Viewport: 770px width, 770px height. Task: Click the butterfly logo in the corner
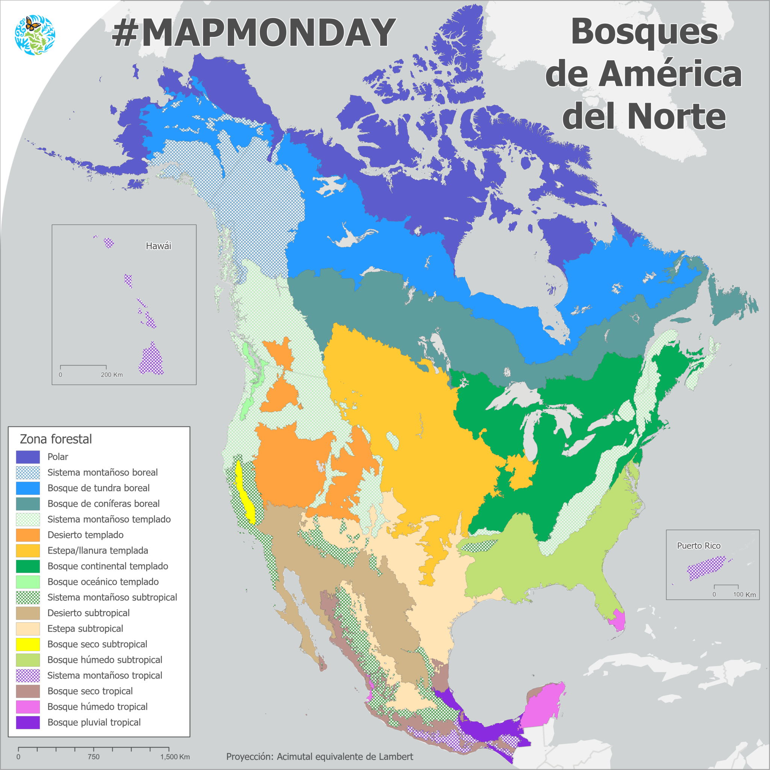coord(35,35)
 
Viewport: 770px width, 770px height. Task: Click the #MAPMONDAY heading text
coord(253,33)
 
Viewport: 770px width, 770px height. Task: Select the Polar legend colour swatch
coord(28,457)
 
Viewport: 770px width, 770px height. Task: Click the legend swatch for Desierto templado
coord(28,535)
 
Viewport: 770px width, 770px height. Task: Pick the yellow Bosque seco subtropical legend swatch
coord(28,644)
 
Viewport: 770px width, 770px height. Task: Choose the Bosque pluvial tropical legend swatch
coord(28,722)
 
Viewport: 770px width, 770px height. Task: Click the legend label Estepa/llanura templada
coord(98,550)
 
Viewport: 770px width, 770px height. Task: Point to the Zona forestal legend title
coord(56,439)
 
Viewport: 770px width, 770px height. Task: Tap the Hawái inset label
coord(158,246)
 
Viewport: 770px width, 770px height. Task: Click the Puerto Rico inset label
coord(699,546)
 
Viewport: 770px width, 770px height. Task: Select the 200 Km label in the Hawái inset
coord(112,374)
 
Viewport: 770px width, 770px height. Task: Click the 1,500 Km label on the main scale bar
coord(175,757)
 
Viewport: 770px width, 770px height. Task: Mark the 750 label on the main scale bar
coord(93,757)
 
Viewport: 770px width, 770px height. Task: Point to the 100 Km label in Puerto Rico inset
coord(744,595)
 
